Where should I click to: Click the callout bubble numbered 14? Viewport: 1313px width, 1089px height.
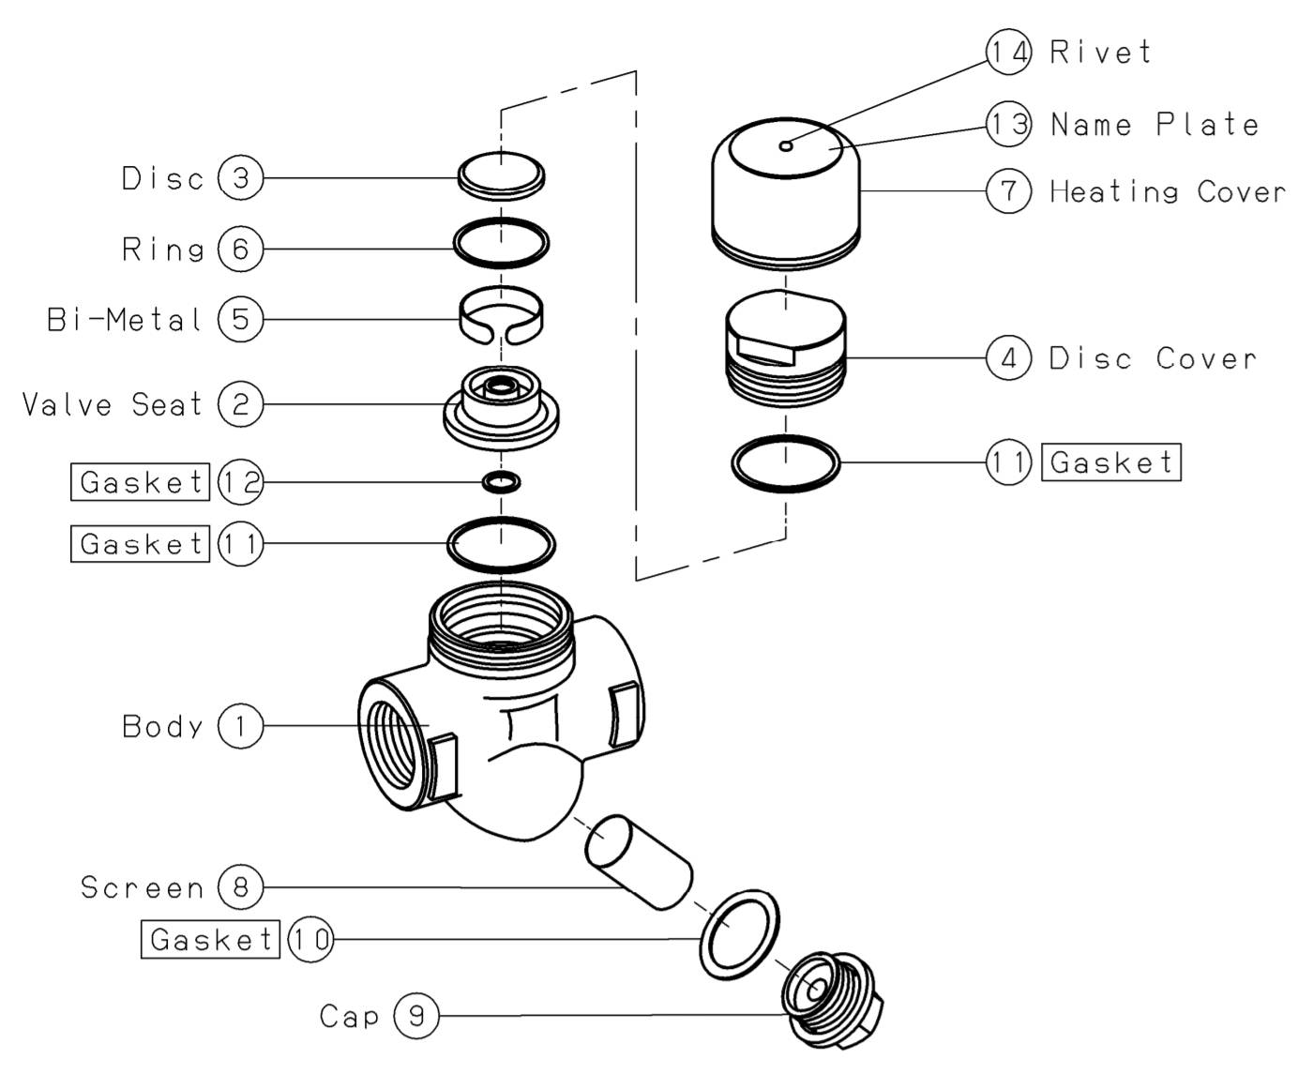pos(1009,51)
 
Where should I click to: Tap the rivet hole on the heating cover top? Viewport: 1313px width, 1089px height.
pos(786,144)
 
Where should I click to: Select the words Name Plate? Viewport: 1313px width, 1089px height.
pos(1155,124)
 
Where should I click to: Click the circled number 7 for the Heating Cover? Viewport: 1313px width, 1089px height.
pos(1009,191)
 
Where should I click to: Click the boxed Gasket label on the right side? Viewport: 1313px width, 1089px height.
pos(1111,462)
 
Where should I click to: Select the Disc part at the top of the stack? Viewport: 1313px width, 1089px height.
pos(502,174)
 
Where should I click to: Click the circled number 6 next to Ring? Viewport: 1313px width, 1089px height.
pos(240,249)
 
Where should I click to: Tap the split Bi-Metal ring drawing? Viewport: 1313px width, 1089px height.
pos(502,315)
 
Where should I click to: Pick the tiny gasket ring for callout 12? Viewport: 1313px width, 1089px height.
pos(502,482)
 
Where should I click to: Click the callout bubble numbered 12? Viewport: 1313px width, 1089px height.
pos(240,482)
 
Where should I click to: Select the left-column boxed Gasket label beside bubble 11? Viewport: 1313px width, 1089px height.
pos(141,544)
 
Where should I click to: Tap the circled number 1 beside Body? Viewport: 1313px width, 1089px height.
pos(240,726)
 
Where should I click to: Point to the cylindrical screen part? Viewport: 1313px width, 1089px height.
pos(638,861)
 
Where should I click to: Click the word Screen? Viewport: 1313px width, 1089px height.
pos(142,886)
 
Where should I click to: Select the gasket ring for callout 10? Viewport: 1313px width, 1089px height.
pos(740,932)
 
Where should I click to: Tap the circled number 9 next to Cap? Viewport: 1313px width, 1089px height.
pos(415,1016)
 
